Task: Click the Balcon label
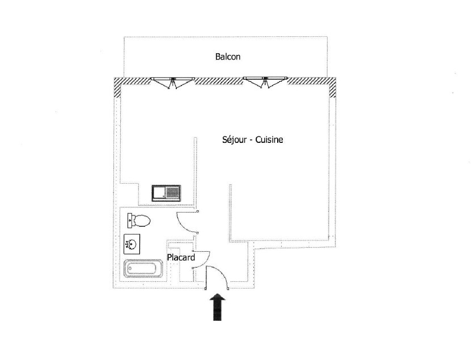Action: click(228, 57)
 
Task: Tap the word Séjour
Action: click(234, 139)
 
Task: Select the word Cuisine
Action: click(269, 139)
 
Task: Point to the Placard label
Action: click(181, 257)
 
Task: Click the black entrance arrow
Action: click(217, 307)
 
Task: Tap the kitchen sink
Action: click(166, 193)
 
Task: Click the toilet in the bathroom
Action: click(139, 221)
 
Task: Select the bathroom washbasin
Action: click(132, 244)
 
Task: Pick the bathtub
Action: click(143, 269)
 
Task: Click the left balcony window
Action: click(172, 82)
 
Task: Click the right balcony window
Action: click(265, 82)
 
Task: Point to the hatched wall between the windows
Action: click(219, 81)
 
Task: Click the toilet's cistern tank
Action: click(130, 221)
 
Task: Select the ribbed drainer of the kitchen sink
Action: click(172, 193)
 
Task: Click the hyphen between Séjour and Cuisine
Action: click(251, 141)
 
